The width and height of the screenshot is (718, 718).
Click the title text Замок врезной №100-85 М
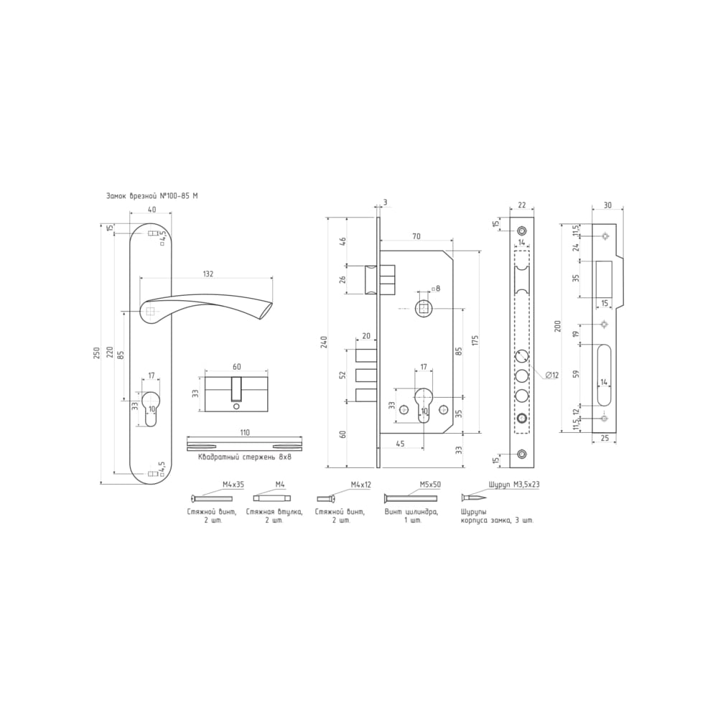152,196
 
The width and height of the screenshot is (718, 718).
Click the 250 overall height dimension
97,353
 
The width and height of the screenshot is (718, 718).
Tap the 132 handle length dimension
208,274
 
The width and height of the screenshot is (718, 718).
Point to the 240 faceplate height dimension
325,342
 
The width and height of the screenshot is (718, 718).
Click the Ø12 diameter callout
552,376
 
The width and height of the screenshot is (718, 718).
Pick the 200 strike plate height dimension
557,325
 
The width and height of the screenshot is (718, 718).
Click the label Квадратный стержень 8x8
245,457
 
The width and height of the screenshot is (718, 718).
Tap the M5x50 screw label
430,484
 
